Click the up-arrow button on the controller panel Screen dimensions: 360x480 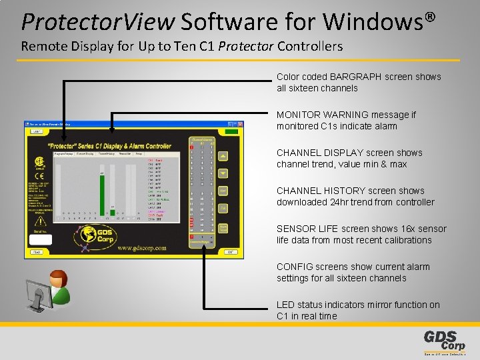coord(223,156)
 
